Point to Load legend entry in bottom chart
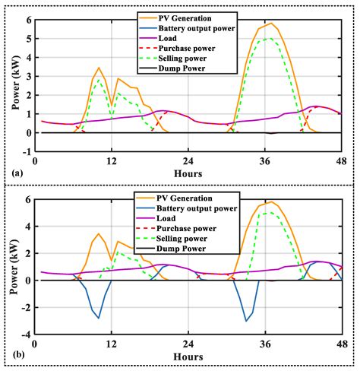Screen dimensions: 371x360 pyautogui.click(x=169, y=217)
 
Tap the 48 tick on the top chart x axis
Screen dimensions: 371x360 pyautogui.click(x=342, y=160)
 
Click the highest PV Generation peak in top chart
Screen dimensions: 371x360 pyautogui.click(x=271, y=23)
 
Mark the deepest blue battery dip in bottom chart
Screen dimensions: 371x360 pyautogui.click(x=246, y=321)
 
